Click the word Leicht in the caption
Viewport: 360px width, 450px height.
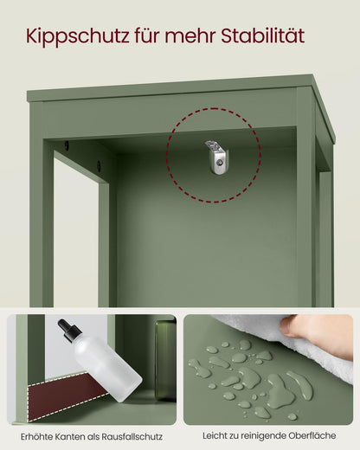tap(215, 435)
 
